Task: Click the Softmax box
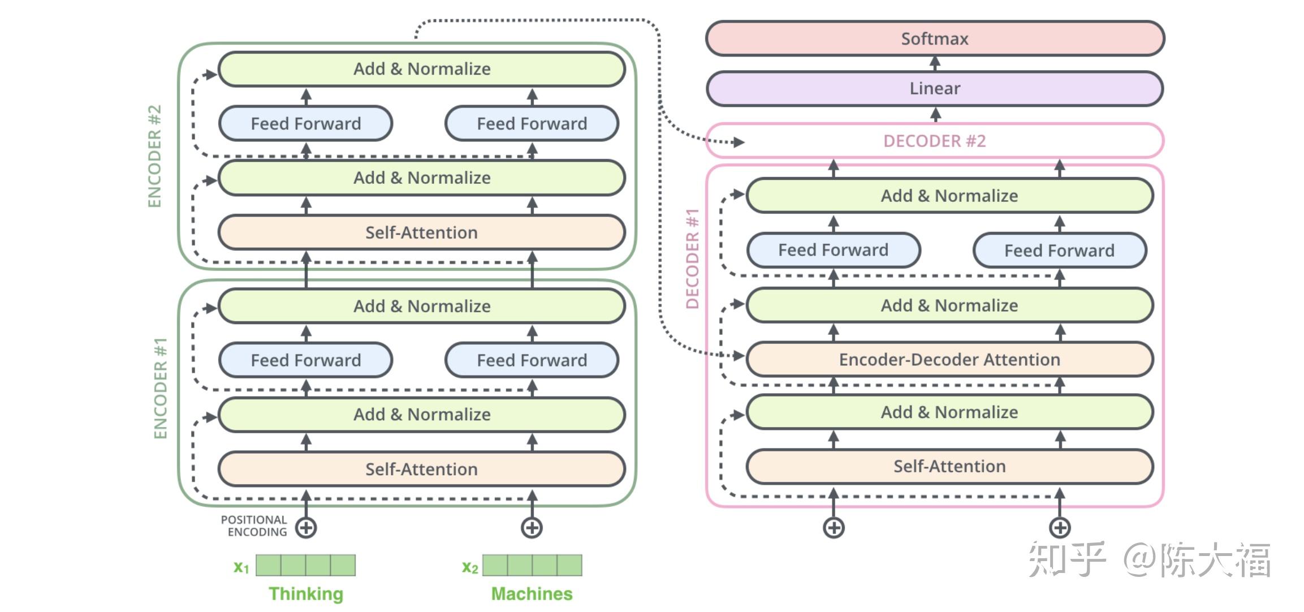pos(935,38)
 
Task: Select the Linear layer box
pos(935,88)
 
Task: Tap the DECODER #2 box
pos(935,141)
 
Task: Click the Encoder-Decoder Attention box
pos(949,359)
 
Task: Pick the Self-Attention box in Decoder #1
pos(949,466)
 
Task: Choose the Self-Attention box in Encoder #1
pos(421,469)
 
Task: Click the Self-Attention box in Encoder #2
pos(421,232)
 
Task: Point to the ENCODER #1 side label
pos(161,388)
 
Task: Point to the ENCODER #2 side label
pos(154,156)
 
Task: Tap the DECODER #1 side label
pos(693,258)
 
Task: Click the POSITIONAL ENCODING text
pos(254,526)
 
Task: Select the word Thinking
pos(305,594)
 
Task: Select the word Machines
pos(532,594)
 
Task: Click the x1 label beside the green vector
pos(241,567)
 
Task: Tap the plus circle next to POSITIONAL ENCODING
pos(306,528)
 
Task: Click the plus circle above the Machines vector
pos(532,528)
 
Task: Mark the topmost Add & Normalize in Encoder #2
pos(421,69)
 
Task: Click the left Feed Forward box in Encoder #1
pos(305,360)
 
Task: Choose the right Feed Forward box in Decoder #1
pos(1059,251)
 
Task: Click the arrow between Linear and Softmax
pos(935,63)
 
